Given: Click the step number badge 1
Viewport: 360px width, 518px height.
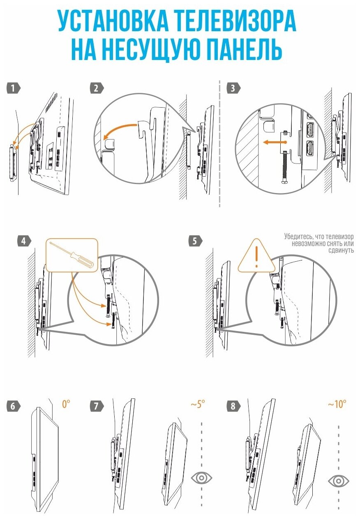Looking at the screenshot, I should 13,88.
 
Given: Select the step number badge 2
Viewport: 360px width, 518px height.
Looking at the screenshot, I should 96,88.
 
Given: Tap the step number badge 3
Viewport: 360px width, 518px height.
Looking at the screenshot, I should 233,88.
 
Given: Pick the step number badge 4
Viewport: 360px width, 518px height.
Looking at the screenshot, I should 24,241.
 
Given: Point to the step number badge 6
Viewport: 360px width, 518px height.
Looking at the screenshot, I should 13,406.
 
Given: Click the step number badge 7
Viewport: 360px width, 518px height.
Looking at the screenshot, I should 96,406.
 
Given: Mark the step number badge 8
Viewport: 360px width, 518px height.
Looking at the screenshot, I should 233,406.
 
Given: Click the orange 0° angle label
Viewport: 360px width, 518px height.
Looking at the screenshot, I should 66,404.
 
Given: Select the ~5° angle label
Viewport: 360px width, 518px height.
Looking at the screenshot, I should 197,404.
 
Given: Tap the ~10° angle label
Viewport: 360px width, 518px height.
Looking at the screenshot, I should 337,404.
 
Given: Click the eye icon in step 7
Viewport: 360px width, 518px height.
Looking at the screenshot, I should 201,478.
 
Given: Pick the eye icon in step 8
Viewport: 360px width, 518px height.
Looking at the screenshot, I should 339,480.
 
